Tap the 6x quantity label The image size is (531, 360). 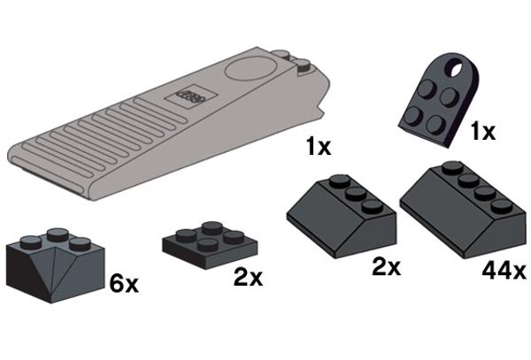[122, 284]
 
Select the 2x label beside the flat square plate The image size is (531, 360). [247, 278]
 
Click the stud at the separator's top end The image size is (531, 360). [304, 63]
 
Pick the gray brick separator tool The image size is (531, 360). [159, 124]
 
